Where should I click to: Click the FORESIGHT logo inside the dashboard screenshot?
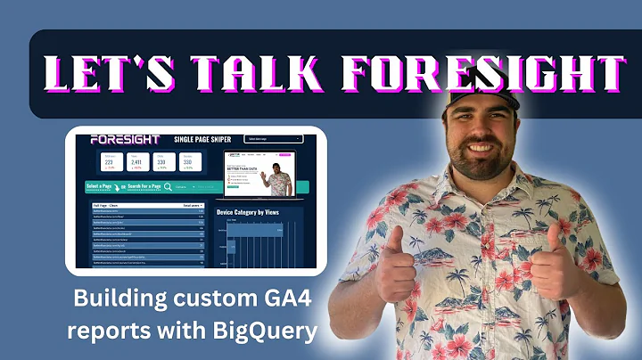125,140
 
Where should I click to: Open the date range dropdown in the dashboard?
273,139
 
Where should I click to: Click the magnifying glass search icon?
167,187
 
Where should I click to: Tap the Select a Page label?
103,187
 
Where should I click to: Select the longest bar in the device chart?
257,230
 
